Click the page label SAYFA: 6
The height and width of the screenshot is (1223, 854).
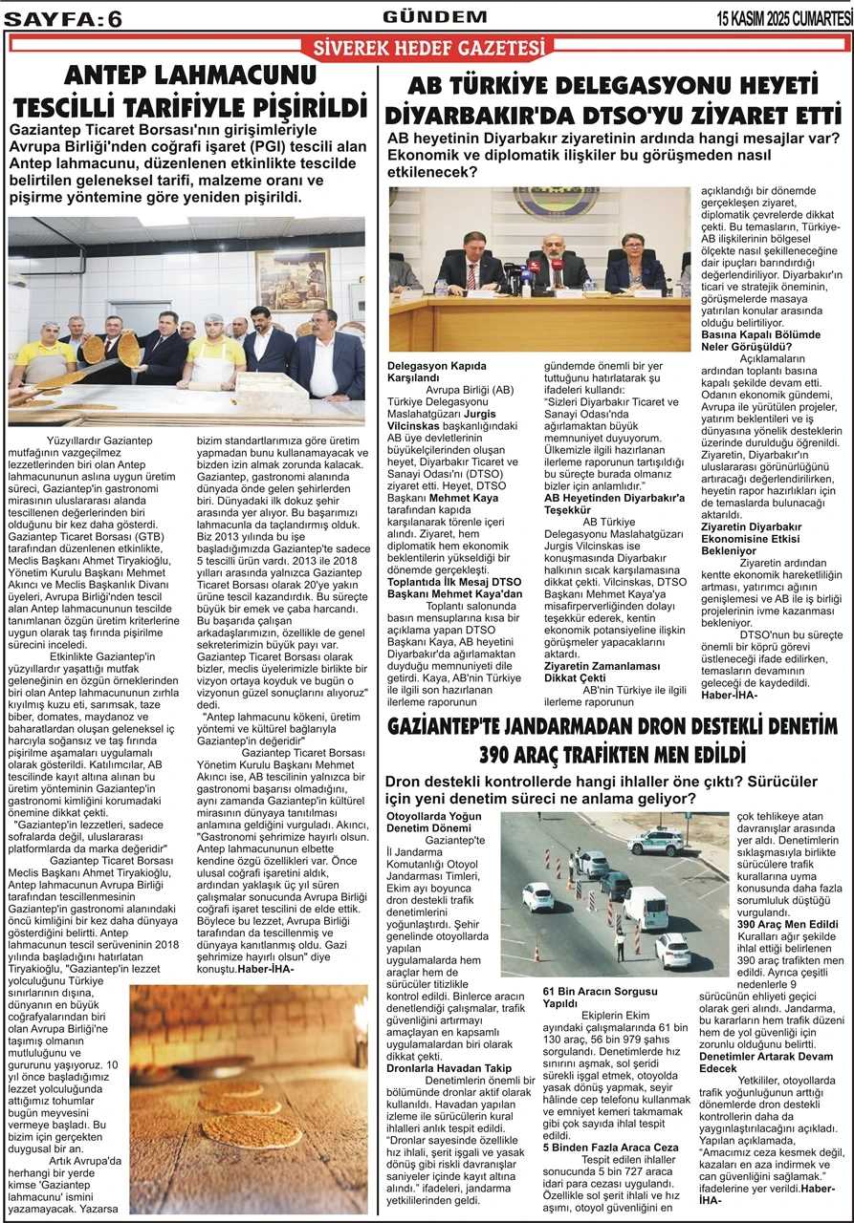[x=63, y=18]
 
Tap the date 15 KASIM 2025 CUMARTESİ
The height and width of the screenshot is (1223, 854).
[x=784, y=18]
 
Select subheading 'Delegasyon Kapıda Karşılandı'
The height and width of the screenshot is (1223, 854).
[x=437, y=371]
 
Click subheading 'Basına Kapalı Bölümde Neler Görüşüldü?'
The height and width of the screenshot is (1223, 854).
[x=761, y=341]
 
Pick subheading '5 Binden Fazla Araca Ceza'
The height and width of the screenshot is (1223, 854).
[x=609, y=1147]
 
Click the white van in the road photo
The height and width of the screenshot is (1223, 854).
[x=645, y=905]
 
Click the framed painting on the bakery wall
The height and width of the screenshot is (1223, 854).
[x=294, y=280]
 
